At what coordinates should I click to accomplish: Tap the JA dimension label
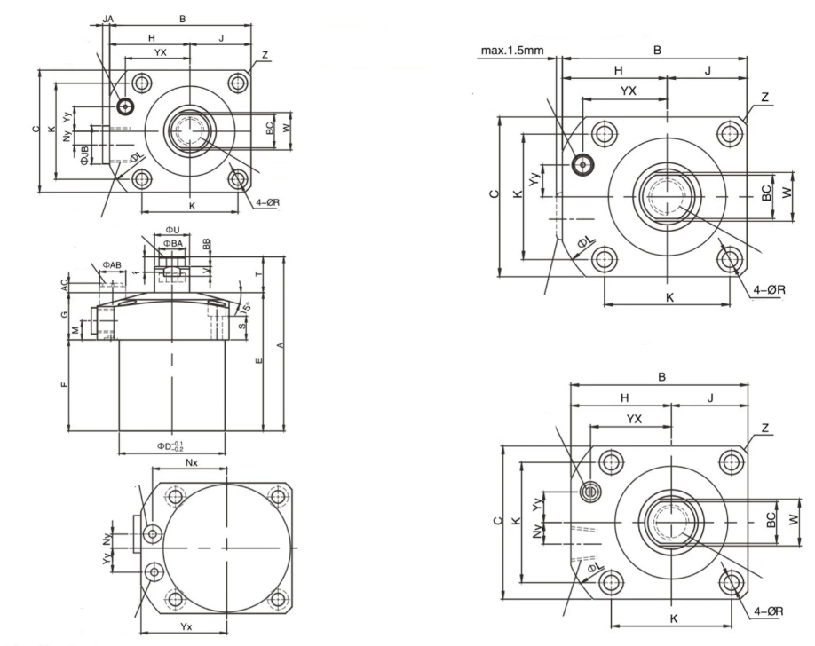[x=107, y=18]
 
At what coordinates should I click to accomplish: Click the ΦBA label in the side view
[x=173, y=243]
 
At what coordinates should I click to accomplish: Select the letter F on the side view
[x=64, y=387]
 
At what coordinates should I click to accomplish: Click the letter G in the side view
[x=64, y=315]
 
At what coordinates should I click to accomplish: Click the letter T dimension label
[x=258, y=276]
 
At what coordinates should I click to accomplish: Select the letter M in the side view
[x=75, y=331]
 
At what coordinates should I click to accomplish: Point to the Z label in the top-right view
[x=764, y=96]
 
